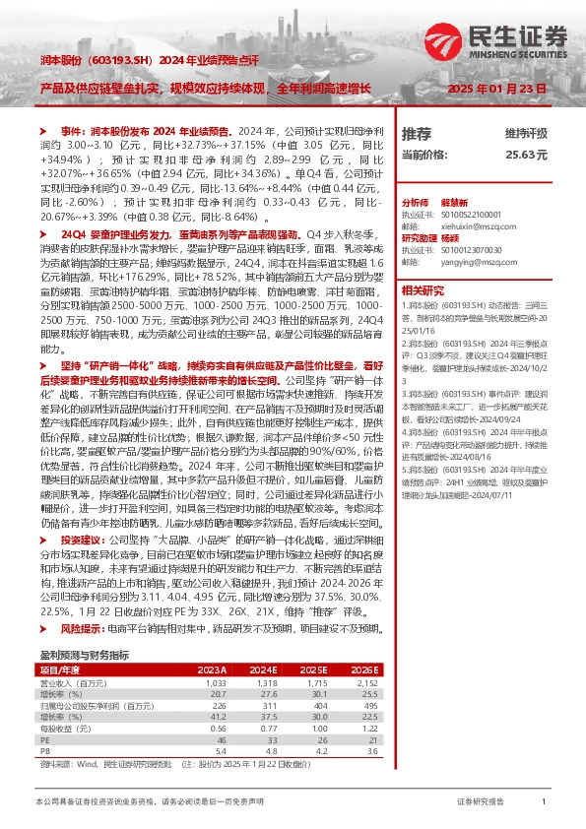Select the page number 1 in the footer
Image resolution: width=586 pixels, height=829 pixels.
point(544,803)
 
